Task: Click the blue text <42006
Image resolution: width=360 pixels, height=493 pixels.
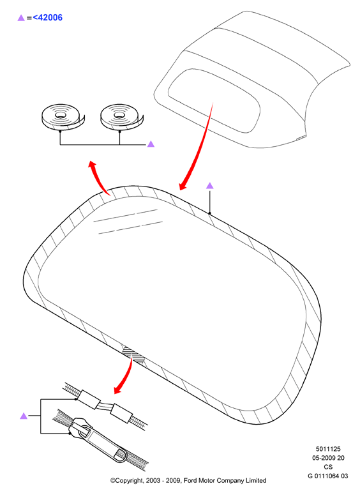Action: (x=48, y=17)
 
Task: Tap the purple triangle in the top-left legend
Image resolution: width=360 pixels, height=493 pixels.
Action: (x=21, y=18)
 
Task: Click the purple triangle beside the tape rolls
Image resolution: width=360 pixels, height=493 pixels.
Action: (x=151, y=144)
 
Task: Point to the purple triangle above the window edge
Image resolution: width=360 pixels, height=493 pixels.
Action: (x=210, y=186)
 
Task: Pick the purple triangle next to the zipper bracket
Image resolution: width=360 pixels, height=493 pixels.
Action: (x=24, y=416)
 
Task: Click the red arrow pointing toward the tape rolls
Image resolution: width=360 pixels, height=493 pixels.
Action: (x=99, y=177)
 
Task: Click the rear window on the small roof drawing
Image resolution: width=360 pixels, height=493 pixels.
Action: (x=214, y=101)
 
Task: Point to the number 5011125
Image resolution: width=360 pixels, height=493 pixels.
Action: (x=328, y=449)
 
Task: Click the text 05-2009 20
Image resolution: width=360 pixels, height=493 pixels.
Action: (x=328, y=458)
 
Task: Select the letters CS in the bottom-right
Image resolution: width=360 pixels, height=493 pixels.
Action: (x=328, y=467)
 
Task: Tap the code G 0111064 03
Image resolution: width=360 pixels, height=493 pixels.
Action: (x=328, y=476)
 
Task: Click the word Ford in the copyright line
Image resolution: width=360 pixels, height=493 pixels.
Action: (x=191, y=480)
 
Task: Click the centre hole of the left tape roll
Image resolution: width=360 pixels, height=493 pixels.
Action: (x=61, y=115)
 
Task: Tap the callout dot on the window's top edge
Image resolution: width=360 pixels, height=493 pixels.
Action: (x=210, y=213)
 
